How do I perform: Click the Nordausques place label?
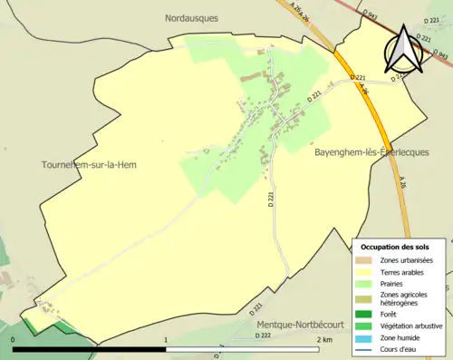point(193,17)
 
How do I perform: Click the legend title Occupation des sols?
point(395,247)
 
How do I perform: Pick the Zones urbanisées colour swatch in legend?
point(365,260)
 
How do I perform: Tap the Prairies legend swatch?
point(365,282)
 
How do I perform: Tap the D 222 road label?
point(263,336)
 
